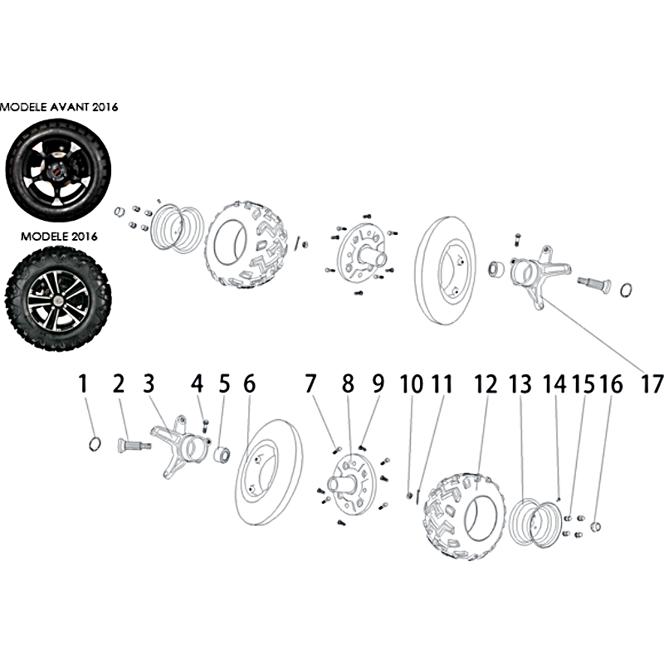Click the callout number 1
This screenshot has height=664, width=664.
(x=83, y=383)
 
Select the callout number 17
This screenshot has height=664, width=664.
(x=652, y=384)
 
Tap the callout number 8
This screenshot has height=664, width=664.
(x=348, y=383)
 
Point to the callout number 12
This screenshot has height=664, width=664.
(x=486, y=384)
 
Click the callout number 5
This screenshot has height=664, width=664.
(x=224, y=383)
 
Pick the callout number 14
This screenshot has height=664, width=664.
(x=554, y=384)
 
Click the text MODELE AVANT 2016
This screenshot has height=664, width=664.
(x=59, y=107)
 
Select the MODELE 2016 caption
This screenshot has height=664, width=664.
(x=59, y=237)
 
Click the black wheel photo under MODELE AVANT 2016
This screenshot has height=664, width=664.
(x=58, y=169)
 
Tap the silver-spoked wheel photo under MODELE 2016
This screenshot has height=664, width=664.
(x=58, y=299)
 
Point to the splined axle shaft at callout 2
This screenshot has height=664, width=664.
(x=134, y=446)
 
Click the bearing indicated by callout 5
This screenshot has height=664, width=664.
(x=222, y=456)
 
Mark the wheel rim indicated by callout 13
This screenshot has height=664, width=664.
(x=535, y=523)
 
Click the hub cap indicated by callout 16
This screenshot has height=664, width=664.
(x=595, y=527)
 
